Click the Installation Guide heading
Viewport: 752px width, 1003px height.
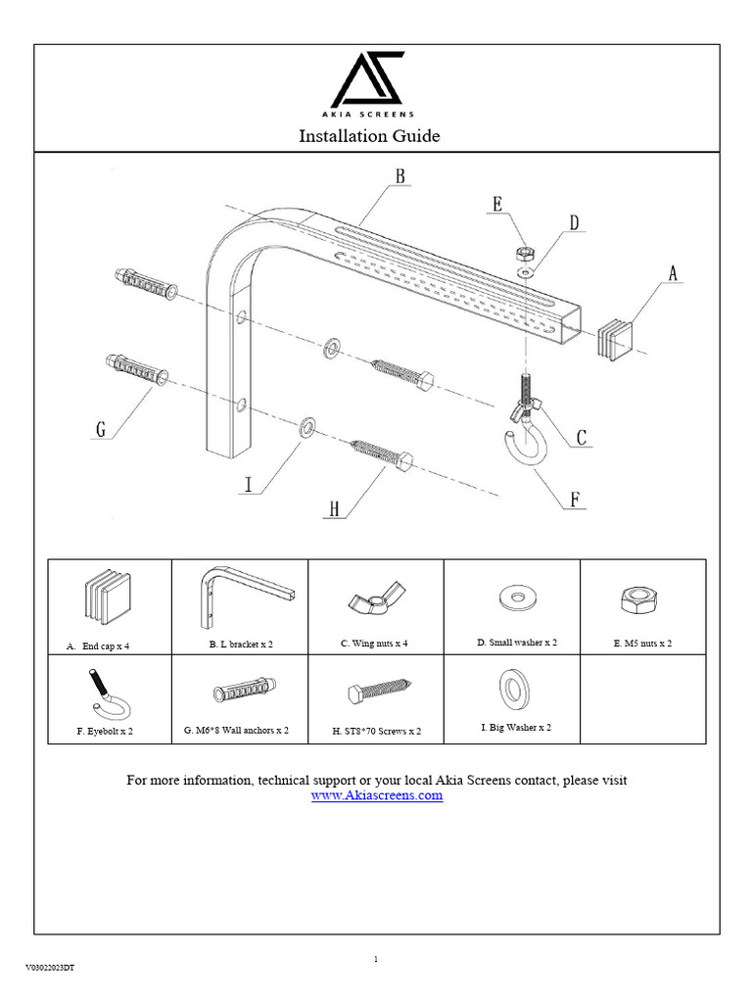coord(369,136)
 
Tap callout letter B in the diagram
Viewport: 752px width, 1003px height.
coord(399,176)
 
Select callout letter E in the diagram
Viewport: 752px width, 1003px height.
coord(497,204)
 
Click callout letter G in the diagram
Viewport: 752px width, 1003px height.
coord(100,429)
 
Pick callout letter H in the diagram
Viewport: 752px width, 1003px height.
coord(334,508)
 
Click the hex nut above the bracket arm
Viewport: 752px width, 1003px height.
coord(522,253)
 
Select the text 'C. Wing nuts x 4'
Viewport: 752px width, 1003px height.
coord(374,644)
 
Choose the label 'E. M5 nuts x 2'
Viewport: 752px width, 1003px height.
coord(641,644)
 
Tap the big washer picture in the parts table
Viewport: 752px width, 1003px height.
coord(510,690)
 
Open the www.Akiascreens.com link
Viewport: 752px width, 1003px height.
coord(377,796)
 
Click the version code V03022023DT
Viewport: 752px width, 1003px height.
coord(50,968)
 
